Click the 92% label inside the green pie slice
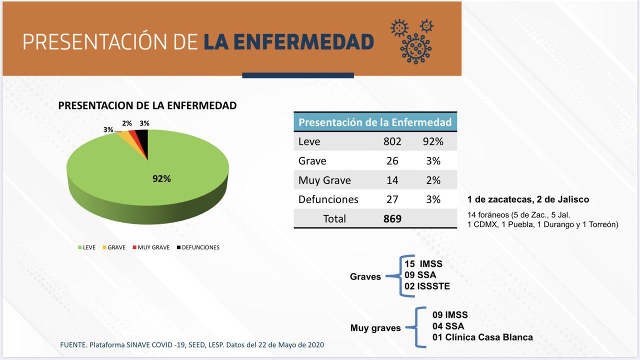coord(161,179)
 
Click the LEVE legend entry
coord(86,247)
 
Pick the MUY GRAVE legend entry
coord(150,247)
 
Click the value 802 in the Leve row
coord(392,141)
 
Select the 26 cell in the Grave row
coord(392,161)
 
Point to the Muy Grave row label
coord(324,180)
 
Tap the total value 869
coord(392,218)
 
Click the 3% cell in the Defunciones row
coord(433,199)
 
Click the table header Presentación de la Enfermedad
coord(375,122)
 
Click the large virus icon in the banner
coord(415,48)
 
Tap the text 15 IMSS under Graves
coord(423,264)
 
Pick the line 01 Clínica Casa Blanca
coord(482,337)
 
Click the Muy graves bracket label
coord(375,328)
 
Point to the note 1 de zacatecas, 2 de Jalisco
coord(528,199)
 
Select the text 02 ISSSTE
coord(427,286)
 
